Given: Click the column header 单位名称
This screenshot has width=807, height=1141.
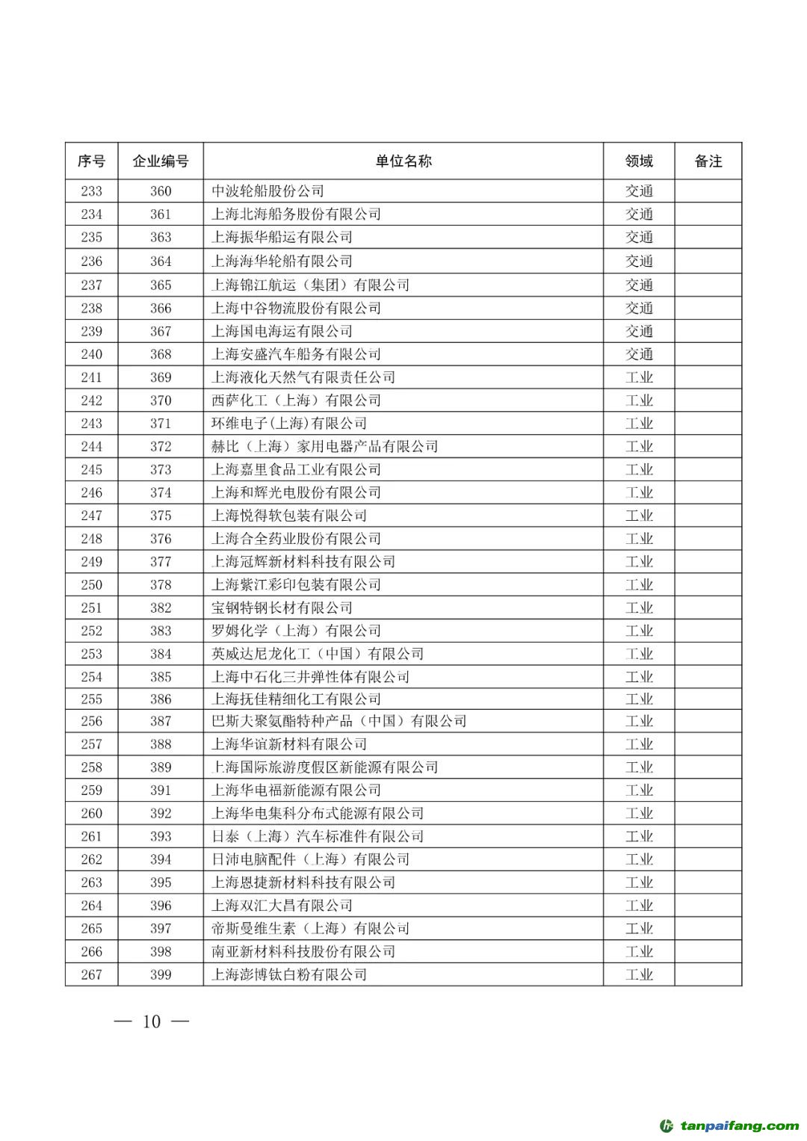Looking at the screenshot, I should (403, 161).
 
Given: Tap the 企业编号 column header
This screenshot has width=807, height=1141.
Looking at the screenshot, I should (160, 161).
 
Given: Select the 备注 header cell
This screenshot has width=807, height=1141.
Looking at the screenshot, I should (708, 161).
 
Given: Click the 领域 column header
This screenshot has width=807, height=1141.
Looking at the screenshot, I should (639, 161).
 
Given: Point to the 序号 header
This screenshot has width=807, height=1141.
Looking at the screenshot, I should (91, 161).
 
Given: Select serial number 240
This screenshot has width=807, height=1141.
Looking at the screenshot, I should (91, 354).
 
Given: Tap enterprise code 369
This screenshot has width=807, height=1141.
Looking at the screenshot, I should (160, 377).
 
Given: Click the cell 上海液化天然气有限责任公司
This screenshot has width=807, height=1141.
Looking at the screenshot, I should (303, 377).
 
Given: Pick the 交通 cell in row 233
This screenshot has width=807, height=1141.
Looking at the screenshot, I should (639, 191).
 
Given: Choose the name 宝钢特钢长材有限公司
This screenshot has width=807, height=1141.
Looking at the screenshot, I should (282, 607).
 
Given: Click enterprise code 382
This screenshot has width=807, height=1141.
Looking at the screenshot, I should (160, 607).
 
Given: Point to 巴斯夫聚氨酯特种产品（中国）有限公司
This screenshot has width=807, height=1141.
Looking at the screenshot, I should (338, 721).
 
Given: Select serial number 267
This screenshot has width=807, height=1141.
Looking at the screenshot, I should (91, 974).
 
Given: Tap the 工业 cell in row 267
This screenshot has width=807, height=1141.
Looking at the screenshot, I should (639, 974).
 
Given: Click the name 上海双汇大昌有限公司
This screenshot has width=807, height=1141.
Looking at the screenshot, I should (282, 906).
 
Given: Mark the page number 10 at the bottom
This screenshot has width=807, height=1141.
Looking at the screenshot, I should (152, 1021).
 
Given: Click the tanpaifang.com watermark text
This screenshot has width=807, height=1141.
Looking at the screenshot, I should (739, 1126).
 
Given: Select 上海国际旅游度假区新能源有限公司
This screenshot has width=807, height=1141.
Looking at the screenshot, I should (324, 767).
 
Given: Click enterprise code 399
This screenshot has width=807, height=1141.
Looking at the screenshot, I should (160, 974).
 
